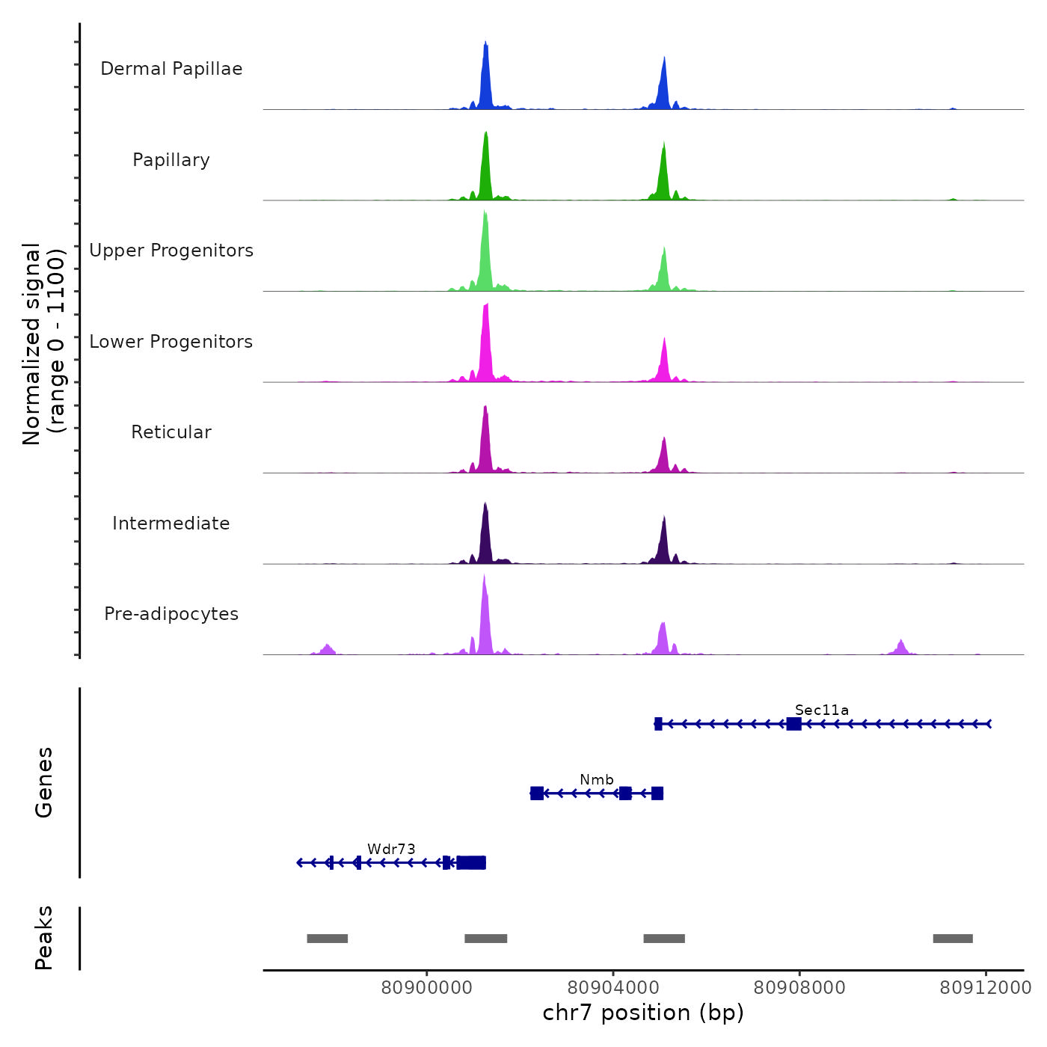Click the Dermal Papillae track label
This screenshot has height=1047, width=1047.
pos(171,69)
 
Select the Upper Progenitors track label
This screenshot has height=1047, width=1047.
pos(171,251)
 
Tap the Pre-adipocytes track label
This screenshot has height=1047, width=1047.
pos(171,614)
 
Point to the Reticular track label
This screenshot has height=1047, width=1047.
pos(171,432)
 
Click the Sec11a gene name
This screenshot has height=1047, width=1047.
pos(822,710)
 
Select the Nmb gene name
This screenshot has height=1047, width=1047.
pos(597,780)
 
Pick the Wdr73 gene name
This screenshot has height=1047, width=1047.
pos(391,849)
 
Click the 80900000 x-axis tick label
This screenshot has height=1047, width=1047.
pos(426,988)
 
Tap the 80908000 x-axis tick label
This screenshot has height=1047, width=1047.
pos(799,988)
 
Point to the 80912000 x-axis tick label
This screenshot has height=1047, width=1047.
pos(985,988)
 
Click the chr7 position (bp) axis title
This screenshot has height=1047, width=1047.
pos(643,1013)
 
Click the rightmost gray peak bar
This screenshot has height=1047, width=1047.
pos(953,939)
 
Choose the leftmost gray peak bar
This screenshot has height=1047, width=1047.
pos(328,939)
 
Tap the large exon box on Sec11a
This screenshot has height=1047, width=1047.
pos(794,724)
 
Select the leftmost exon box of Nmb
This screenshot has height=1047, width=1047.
pos(537,793)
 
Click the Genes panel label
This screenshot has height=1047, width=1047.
pos(44,782)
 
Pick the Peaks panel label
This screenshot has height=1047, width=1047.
pos(44,938)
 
